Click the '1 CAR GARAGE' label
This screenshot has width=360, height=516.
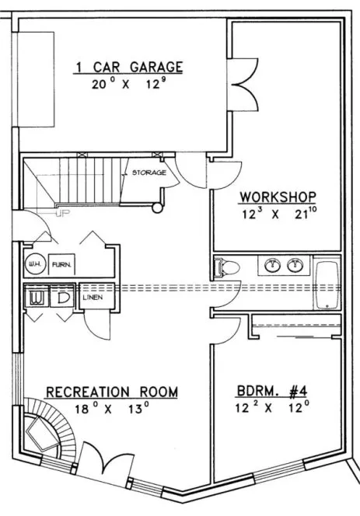tap(128, 67)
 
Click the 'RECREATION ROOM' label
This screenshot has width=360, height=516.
tap(111, 391)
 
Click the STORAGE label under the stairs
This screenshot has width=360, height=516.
tap(149, 173)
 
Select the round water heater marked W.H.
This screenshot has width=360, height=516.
tap(34, 264)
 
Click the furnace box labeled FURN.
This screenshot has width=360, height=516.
tap(63, 265)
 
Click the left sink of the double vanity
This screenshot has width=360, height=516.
tap(272, 266)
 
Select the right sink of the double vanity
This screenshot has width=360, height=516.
tap(295, 266)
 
